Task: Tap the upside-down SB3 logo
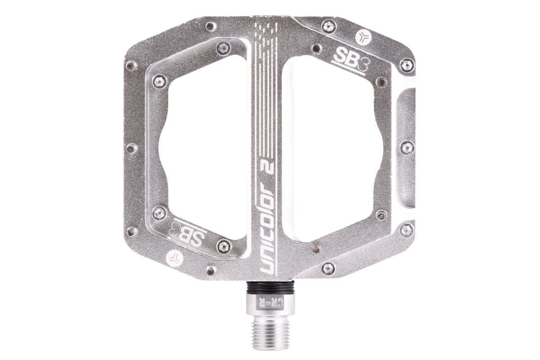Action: pos(189,233)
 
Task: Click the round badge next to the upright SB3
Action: pos(363,38)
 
